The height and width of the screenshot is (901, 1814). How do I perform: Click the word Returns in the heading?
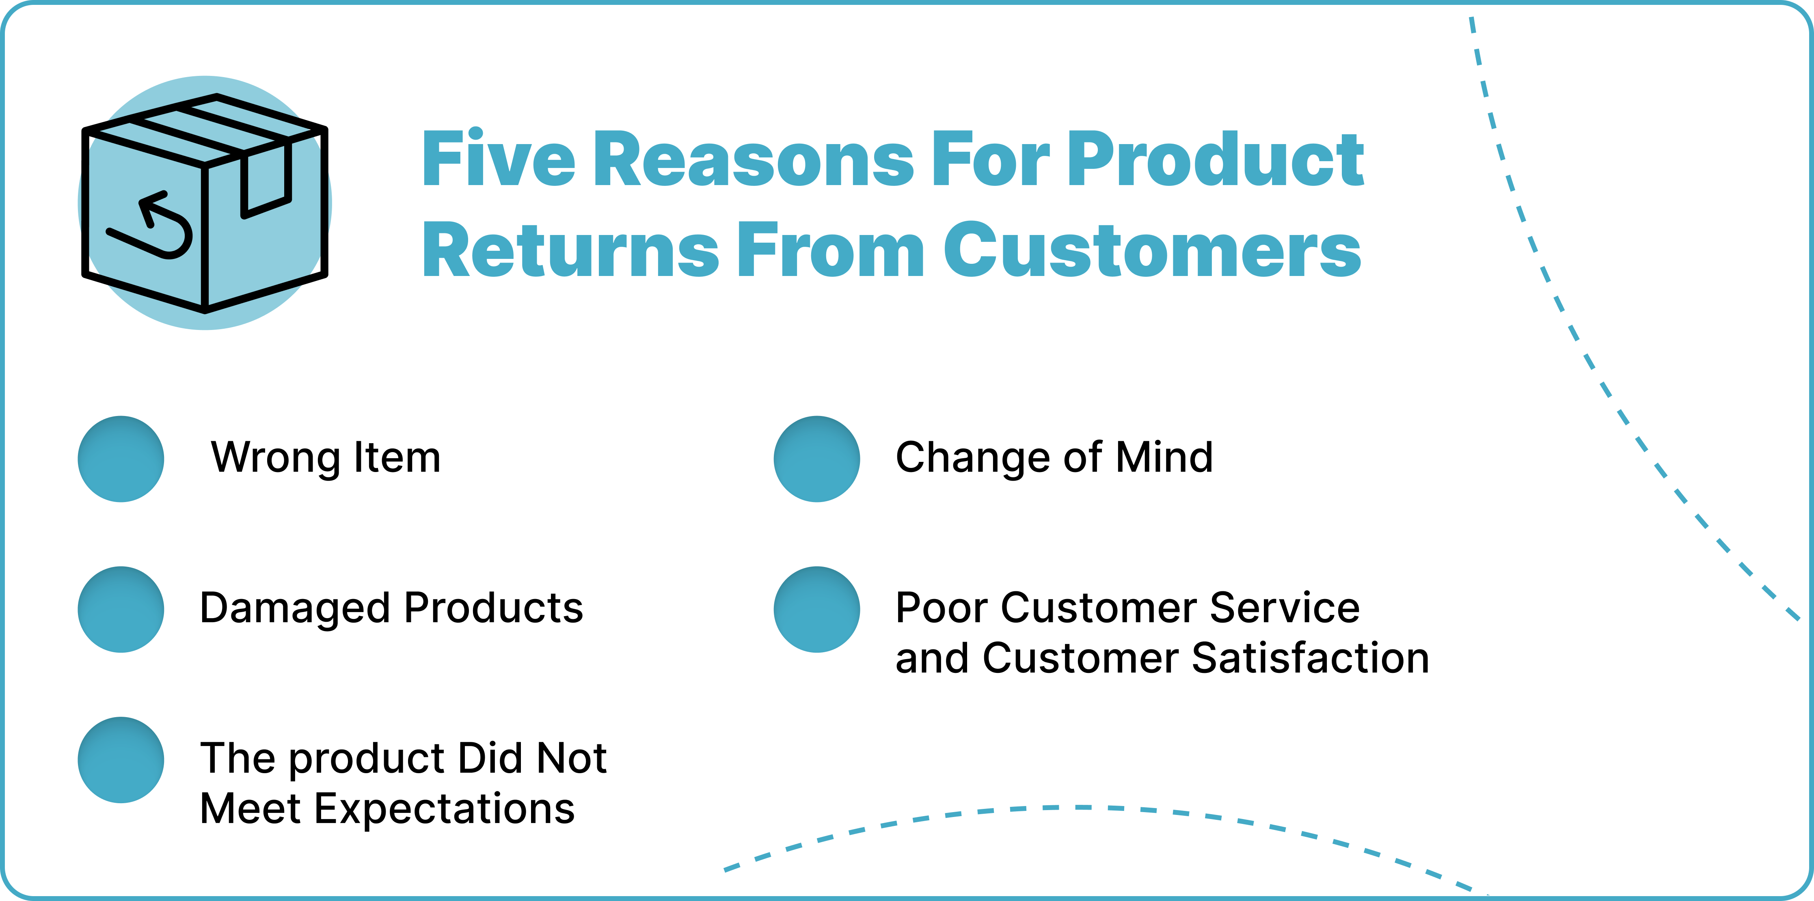point(570,250)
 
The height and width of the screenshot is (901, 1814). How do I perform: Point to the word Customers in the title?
point(1152,250)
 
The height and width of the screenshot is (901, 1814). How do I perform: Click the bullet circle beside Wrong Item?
point(121,459)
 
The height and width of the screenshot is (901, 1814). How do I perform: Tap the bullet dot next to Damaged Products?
point(121,610)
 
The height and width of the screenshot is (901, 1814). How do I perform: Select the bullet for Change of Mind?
point(817,459)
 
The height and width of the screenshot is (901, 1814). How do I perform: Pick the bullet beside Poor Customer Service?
point(817,610)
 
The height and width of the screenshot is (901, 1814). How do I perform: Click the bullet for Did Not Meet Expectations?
point(121,760)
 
